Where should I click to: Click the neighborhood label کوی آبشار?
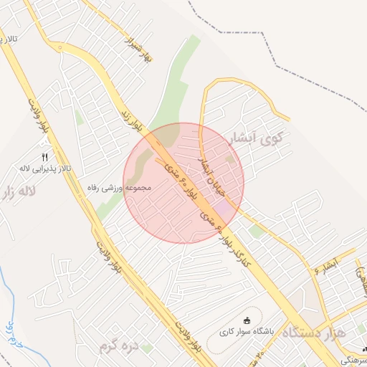tap(254, 135)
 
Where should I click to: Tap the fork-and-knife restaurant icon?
tap(44, 157)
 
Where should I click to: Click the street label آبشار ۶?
tap(325, 266)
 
